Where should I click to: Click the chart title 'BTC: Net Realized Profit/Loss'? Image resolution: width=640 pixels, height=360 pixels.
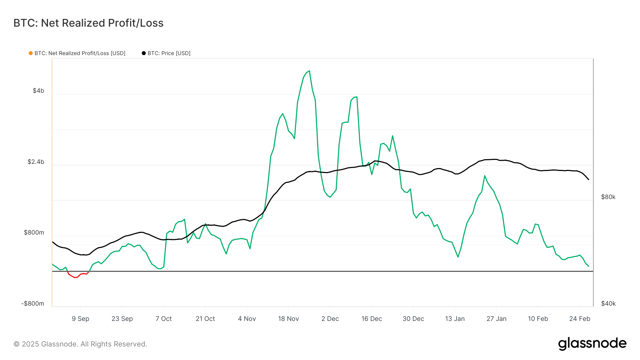pos(88,23)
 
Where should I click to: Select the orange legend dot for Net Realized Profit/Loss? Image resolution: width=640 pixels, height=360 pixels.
pos(31,53)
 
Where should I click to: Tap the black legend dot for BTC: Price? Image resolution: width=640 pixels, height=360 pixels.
pos(144,53)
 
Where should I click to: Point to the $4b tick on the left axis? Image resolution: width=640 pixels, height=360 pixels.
pos(38,91)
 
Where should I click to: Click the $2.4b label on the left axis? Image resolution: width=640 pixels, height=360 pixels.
pos(36,162)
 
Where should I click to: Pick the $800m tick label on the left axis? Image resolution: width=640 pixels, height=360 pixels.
pos(34,232)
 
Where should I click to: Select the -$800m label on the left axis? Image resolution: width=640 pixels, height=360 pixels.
pos(33,303)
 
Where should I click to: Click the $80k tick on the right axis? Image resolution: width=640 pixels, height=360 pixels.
pos(608,197)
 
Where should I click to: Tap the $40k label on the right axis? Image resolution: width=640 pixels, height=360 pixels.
pos(608,303)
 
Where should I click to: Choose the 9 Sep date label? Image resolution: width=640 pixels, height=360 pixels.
pos(80,319)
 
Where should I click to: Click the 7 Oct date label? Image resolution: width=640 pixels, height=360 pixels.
pos(164,319)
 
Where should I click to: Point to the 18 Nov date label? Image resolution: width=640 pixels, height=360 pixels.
pos(288,319)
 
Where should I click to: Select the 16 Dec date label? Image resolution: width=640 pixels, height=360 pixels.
pos(372,319)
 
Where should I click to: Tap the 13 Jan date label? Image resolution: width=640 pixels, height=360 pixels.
pos(455,319)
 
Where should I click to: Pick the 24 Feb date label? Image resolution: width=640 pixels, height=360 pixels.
pos(580,319)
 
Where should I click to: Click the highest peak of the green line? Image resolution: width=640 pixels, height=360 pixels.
pos(309,71)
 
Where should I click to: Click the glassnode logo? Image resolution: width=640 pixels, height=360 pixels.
pos(592,344)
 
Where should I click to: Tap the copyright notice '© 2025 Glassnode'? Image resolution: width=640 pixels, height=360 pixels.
pos(80,344)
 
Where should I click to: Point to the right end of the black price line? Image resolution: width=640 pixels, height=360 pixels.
pos(588,179)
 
